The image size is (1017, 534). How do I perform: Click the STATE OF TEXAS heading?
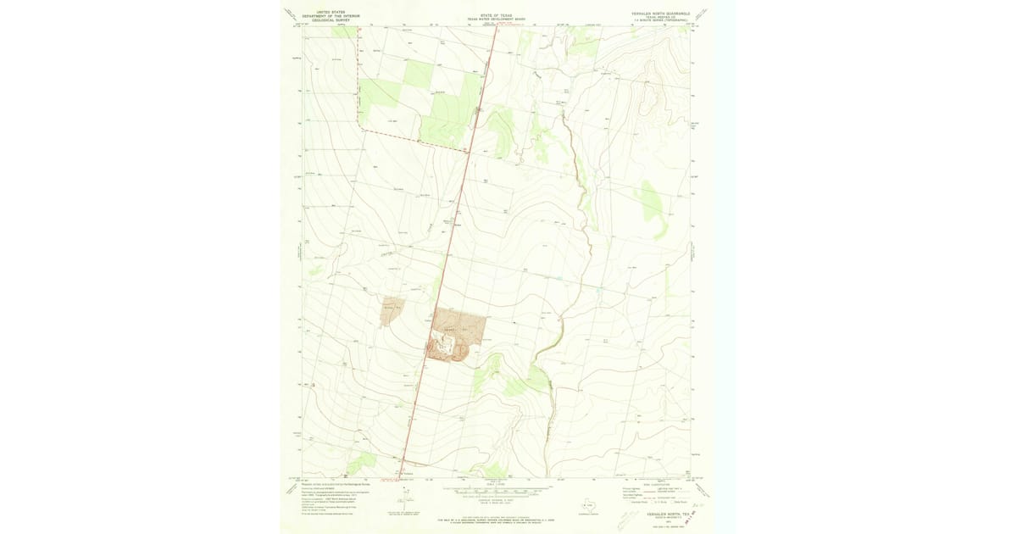(496, 14)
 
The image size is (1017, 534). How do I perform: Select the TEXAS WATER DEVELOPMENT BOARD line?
(496, 18)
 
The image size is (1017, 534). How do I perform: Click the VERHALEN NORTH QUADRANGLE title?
(661, 14)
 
